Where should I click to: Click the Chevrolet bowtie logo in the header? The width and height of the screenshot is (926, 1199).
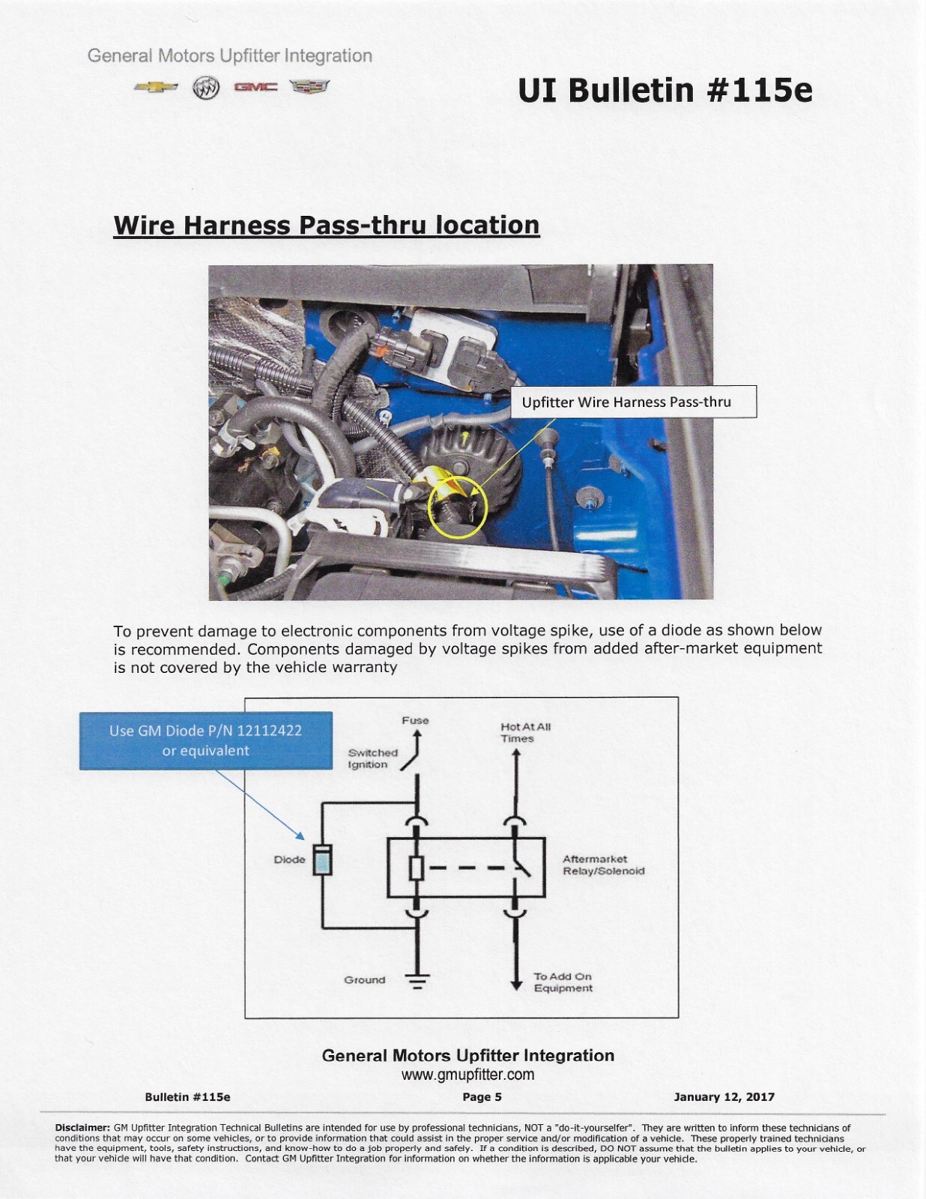click(x=156, y=87)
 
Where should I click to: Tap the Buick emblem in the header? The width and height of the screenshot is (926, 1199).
click(x=205, y=88)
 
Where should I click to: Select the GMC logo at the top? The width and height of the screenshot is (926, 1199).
click(x=255, y=88)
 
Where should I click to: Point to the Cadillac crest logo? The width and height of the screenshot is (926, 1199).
click(x=309, y=87)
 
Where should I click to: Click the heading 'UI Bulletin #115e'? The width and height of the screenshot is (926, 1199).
click(x=665, y=90)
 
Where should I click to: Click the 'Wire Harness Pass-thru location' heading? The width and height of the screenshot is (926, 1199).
click(x=326, y=225)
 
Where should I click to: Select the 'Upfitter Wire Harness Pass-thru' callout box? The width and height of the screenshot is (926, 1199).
click(x=633, y=402)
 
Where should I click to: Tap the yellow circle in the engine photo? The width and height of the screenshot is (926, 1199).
click(x=457, y=507)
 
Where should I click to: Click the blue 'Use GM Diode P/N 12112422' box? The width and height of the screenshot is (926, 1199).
click(x=206, y=740)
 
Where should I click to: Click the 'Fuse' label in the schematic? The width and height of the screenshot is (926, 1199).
click(x=415, y=720)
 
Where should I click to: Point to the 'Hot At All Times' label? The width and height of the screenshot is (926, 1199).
click(x=525, y=732)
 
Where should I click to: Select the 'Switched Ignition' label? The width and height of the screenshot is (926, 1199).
click(x=372, y=758)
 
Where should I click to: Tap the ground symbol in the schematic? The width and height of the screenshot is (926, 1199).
click(x=417, y=981)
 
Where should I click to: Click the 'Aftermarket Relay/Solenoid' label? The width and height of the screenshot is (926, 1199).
click(x=603, y=865)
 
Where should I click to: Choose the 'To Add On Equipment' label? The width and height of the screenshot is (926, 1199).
click(x=563, y=982)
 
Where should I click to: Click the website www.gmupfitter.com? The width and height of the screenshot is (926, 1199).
click(x=467, y=1075)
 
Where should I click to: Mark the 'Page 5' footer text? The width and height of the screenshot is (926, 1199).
click(x=482, y=1097)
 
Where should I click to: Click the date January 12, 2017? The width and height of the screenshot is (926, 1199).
click(x=724, y=1097)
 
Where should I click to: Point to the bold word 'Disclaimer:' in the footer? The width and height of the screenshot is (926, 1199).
click(x=82, y=1128)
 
